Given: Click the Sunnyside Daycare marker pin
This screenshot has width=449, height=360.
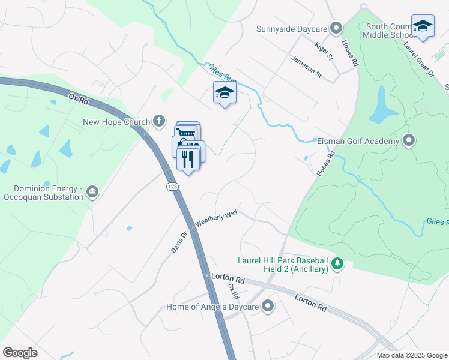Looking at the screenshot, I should coord(336,28).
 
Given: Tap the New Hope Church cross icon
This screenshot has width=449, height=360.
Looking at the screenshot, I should coord(159,122).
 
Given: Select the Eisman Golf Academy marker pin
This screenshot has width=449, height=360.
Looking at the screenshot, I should coord(409,141).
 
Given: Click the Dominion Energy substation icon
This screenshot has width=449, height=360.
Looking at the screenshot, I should coord(92,192).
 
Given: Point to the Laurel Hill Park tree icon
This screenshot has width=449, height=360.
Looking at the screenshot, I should coord(337,264).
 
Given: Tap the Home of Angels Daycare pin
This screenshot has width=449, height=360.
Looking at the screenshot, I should coord(268,307).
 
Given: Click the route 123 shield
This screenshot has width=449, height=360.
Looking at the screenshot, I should coord(172,187).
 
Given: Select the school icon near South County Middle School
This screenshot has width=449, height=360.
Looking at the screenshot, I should coord(423,26).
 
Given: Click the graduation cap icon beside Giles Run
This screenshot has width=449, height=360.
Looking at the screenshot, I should coord(224,92).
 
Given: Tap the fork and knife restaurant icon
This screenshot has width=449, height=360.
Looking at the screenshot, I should coord(188,159).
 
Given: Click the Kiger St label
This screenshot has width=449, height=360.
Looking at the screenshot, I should coord(324,51).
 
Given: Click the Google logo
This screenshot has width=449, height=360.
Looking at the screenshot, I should coord(20,353).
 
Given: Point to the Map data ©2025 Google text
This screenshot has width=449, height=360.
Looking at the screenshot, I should coord(412,355).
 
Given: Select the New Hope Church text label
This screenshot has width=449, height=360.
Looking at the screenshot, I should coord(116,122).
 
